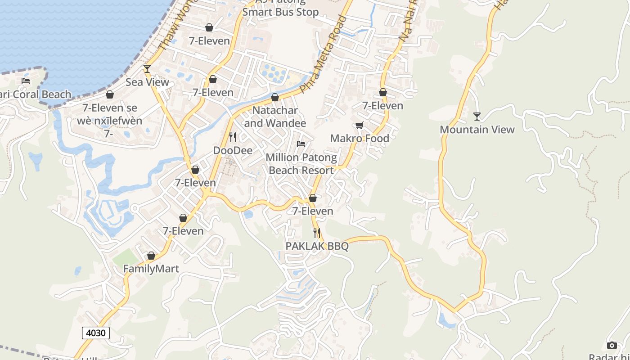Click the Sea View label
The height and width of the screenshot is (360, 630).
coord(147,82)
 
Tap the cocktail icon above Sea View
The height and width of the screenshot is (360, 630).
coord(147,68)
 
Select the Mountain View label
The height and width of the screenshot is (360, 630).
coord(477,130)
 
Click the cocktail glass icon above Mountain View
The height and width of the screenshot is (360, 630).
coord(477,117)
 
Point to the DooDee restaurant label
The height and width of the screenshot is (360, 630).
coord(233,150)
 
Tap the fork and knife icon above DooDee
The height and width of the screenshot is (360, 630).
coord(233,137)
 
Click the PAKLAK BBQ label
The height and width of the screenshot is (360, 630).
coord(317,246)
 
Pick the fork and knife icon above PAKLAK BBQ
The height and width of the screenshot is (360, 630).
coord(317,233)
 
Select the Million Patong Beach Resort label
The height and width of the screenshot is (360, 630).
coord(301,164)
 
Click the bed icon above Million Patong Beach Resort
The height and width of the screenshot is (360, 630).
coord(301,144)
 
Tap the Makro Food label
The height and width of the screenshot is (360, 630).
coord(360,138)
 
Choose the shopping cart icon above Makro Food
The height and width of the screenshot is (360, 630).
coord(359,125)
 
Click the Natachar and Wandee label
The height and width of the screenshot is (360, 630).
coord(275,117)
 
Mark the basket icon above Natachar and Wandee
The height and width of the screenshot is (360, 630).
coord(275,97)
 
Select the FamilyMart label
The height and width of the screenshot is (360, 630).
coord(151,269)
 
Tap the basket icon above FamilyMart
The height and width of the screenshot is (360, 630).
coord(151,256)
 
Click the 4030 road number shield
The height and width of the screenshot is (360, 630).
coord(96,333)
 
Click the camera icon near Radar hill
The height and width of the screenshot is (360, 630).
coord(612,345)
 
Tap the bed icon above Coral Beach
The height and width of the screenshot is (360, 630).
coord(26,81)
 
